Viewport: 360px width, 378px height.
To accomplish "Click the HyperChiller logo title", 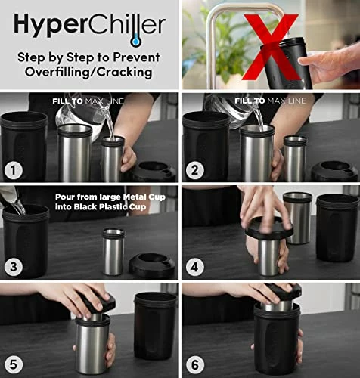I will click(x=89, y=26).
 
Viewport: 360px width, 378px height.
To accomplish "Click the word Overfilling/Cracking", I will click(x=89, y=74).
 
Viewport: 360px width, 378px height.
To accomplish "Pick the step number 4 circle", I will click(x=194, y=265).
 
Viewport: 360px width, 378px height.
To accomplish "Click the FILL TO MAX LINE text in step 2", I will click(x=270, y=101).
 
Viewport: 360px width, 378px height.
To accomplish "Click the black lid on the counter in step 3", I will click(x=152, y=265).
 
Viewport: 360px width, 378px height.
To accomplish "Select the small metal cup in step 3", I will click(x=113, y=251).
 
